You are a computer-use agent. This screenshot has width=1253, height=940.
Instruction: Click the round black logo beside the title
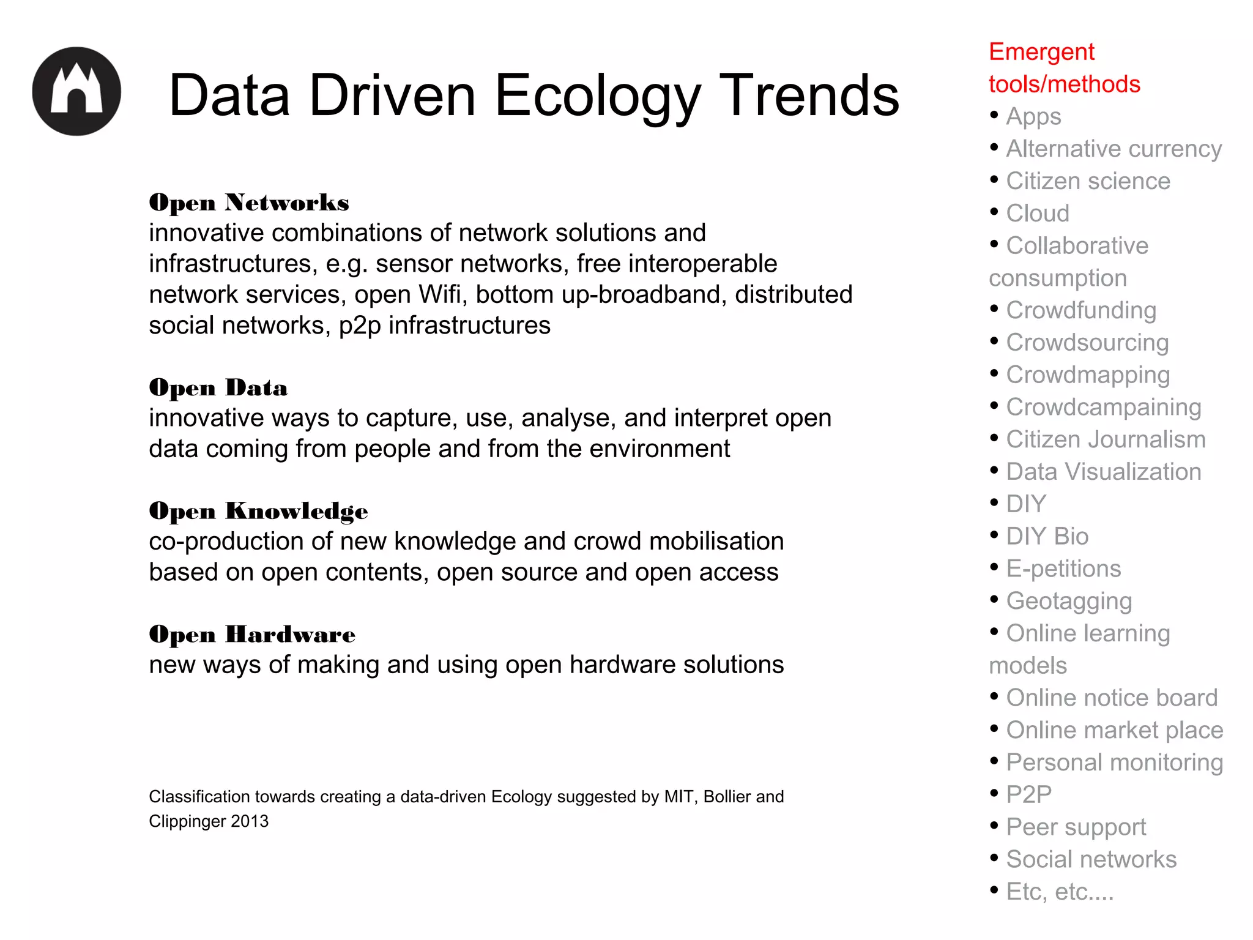tap(76, 91)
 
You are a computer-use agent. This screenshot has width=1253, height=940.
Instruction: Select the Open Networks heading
tap(248, 203)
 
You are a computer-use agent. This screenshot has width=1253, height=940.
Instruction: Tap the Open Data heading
tap(218, 388)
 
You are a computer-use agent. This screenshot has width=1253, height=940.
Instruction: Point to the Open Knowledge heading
tap(258, 512)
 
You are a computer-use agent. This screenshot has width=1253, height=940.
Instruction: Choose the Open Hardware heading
tap(251, 635)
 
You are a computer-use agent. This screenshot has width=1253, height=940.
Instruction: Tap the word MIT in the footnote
tap(680, 797)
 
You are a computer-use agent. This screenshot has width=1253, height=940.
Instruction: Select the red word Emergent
tap(1041, 52)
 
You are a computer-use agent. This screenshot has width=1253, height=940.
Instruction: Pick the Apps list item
tap(1033, 116)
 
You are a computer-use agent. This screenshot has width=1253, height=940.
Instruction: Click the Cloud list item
tap(1038, 213)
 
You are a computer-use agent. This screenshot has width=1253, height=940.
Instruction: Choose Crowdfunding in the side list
tap(1081, 310)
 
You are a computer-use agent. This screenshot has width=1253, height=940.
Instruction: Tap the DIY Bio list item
tap(1047, 536)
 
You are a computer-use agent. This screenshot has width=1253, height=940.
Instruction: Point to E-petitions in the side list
tap(1063, 569)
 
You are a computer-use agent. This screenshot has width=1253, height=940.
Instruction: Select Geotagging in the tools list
tap(1069, 601)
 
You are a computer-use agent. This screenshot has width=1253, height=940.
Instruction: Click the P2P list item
tap(1029, 794)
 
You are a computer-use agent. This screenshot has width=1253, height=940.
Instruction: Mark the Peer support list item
tap(1076, 827)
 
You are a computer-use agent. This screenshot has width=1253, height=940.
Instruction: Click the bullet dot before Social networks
tap(994, 857)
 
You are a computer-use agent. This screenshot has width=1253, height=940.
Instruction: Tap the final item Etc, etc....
tap(1060, 892)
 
